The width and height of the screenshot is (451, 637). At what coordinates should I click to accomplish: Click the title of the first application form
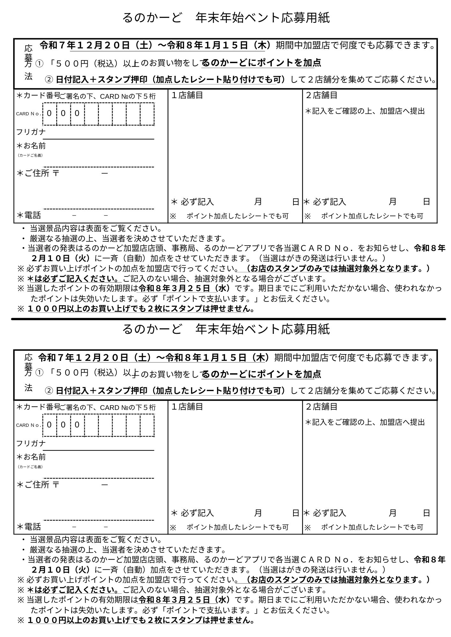pos(226,18)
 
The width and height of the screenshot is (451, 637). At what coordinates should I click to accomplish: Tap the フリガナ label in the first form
pos(31,132)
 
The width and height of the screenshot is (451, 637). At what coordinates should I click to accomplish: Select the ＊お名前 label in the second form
pos(31,457)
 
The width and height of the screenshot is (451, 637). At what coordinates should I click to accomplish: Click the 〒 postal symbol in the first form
pos(56,174)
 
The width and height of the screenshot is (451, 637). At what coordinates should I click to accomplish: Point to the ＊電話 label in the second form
pos(29,527)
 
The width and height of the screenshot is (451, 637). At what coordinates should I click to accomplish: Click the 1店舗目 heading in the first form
pos(187,95)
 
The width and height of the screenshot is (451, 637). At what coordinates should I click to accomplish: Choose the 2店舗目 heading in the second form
pos(322,407)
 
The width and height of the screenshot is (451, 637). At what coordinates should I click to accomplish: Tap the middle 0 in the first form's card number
pos(63,113)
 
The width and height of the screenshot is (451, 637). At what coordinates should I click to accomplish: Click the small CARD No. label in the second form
pos(28,425)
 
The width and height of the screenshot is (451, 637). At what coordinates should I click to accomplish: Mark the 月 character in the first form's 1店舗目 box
pos(258,202)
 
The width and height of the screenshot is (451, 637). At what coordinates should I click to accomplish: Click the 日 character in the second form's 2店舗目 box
pos(426,513)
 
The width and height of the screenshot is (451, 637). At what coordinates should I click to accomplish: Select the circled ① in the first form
pos(39,63)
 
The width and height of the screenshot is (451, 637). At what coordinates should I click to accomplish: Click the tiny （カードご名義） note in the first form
pos(30,155)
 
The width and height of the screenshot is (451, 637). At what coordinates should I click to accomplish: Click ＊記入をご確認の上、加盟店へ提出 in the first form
pos(365,111)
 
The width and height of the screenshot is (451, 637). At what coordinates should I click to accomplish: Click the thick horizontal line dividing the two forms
pos(228,319)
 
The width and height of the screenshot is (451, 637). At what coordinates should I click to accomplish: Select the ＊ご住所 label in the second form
pos(33,485)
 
